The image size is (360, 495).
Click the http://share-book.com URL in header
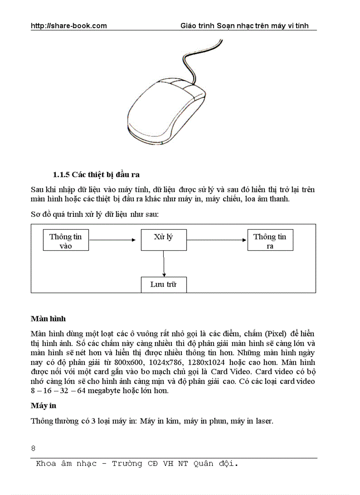tap(69, 26)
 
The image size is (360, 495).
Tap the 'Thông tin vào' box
tap(66, 241)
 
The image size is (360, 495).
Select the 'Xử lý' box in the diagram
tap(164, 240)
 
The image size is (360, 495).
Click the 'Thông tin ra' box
tap(270, 241)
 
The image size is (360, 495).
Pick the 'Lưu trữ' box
tap(164, 284)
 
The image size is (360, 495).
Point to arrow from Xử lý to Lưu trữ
tap(164, 264)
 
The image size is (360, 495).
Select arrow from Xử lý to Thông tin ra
tap(216, 240)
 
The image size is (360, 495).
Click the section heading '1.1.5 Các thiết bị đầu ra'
tap(96, 174)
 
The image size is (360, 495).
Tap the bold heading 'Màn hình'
tap(48, 318)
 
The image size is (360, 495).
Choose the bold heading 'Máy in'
tap(43, 405)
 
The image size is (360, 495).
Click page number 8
tap(33, 449)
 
